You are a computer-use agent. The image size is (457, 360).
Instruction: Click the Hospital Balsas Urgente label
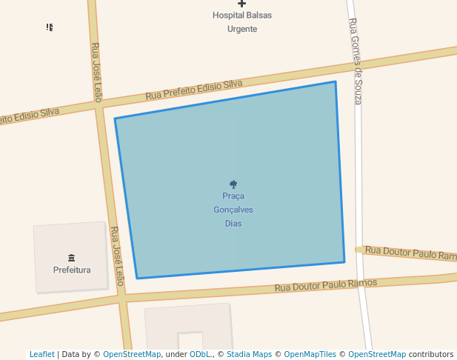(x=241, y=21)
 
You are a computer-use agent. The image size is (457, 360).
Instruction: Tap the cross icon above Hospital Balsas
(x=241, y=4)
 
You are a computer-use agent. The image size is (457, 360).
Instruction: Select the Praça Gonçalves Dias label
(x=233, y=210)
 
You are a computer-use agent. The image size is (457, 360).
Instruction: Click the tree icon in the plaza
(x=233, y=184)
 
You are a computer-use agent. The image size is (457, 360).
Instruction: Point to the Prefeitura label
(x=72, y=270)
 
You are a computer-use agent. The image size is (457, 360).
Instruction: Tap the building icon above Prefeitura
(x=72, y=258)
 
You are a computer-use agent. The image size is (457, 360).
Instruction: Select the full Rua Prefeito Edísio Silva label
(x=194, y=90)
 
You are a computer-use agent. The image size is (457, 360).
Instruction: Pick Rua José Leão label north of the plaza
(x=96, y=72)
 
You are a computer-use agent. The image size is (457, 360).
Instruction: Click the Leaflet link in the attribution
(x=42, y=354)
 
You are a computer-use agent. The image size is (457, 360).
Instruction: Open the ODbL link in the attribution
(x=200, y=354)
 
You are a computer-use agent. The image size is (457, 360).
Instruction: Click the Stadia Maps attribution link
(x=249, y=354)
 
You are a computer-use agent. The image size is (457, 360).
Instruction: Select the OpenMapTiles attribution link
(x=310, y=354)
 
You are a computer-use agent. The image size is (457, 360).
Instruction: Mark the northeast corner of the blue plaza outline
(x=336, y=81)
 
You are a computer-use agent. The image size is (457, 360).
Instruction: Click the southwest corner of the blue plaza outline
(x=137, y=279)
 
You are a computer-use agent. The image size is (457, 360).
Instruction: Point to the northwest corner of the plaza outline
(x=115, y=119)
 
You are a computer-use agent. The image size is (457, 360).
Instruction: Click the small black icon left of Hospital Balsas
(x=50, y=27)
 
